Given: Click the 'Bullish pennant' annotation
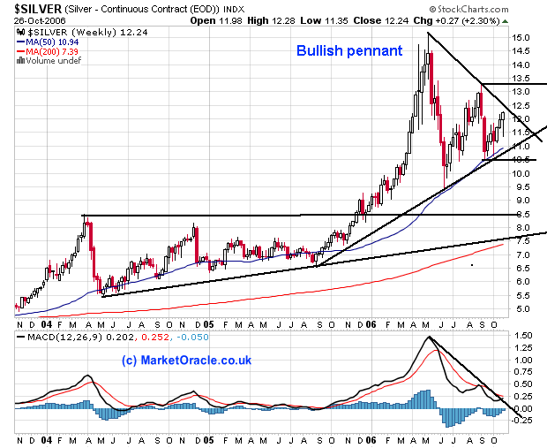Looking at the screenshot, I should pos(349,50).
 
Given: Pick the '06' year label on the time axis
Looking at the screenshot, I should pos(371,439).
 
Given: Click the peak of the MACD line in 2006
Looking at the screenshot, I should pos(429,337).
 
